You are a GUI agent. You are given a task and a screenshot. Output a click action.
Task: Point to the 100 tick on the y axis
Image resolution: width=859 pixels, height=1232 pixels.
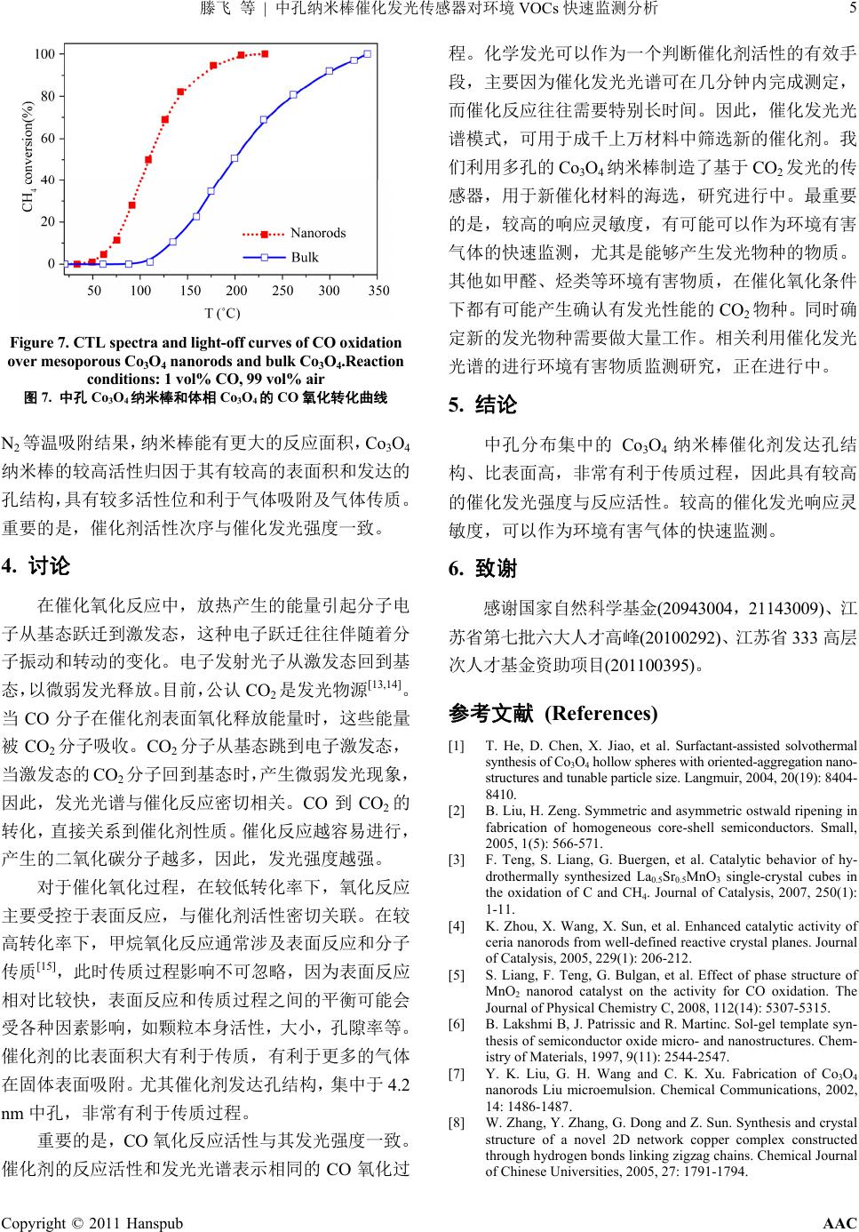[x=44, y=54]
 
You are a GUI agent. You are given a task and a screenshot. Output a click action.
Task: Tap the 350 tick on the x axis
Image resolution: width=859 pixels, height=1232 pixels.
[x=378, y=291]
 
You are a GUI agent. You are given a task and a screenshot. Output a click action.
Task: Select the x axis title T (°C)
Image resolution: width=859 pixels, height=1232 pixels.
[x=222, y=313]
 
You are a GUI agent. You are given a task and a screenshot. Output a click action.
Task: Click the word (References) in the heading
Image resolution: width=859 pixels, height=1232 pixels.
[x=601, y=713]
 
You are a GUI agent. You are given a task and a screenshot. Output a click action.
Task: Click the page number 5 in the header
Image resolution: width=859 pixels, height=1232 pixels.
[x=850, y=9]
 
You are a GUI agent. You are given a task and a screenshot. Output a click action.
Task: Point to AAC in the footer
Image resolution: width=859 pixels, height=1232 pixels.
[x=839, y=1223]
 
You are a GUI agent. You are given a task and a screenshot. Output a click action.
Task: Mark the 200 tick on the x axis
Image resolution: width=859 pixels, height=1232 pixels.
[x=236, y=291]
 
